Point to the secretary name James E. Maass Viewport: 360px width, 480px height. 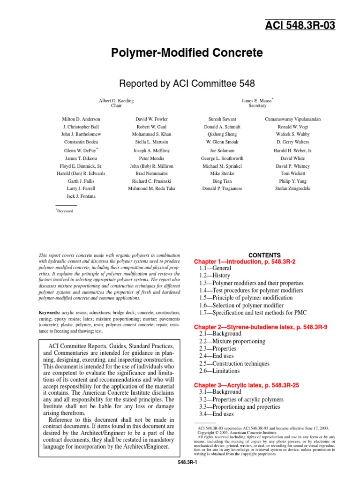click(x=256, y=100)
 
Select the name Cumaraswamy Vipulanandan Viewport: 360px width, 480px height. click(x=292, y=119)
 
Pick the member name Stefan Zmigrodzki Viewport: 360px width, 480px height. click(x=292, y=188)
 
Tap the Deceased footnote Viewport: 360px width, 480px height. click(x=65, y=211)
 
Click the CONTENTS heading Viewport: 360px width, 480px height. click(x=264, y=255)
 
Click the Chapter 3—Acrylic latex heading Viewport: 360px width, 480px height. click(x=247, y=385)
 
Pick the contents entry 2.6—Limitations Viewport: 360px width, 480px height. click(x=219, y=371)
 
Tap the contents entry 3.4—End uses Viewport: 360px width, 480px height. click(x=217, y=414)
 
